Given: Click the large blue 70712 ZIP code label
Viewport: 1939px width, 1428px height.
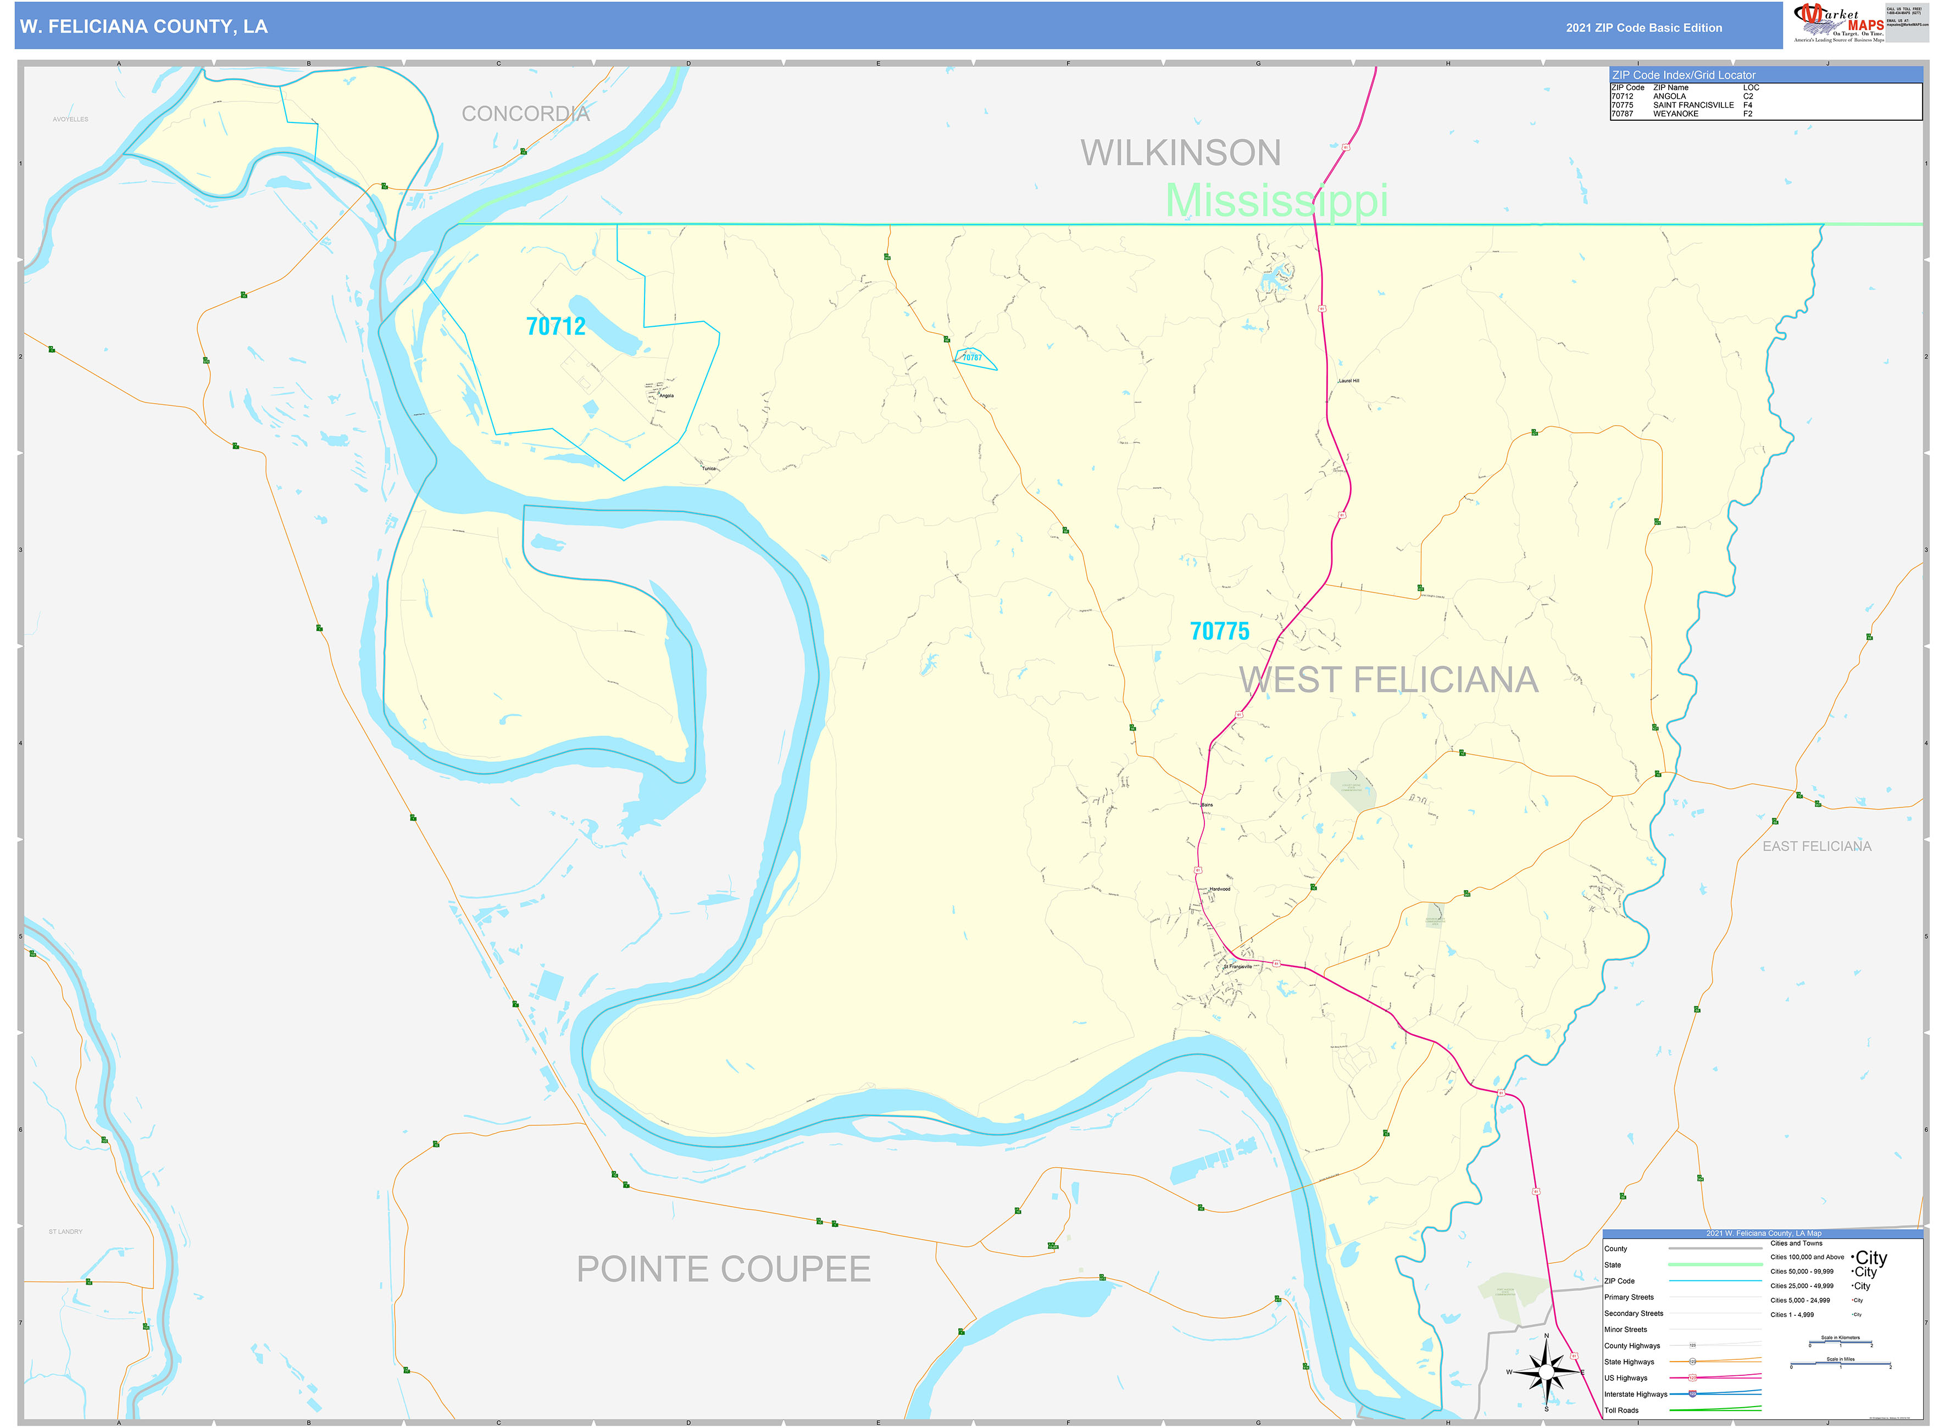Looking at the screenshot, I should [x=555, y=327].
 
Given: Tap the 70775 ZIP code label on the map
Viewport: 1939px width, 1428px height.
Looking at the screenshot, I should [x=1219, y=632].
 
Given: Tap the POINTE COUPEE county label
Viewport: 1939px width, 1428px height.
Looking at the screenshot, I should [x=723, y=1269].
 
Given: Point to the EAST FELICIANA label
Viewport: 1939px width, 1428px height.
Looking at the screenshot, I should [x=1816, y=846].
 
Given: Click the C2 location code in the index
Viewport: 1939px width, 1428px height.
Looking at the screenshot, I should [x=1748, y=97].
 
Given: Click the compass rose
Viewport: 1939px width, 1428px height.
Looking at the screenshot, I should [x=1546, y=1372].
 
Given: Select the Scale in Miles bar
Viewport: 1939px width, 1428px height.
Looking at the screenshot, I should [x=1841, y=1364].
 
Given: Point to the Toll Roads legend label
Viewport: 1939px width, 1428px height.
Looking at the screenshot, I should [x=1621, y=1410].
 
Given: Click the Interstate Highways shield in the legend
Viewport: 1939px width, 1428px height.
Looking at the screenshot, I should [x=1692, y=1393].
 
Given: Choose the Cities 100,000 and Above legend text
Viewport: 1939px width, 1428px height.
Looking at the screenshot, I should [x=1807, y=1257].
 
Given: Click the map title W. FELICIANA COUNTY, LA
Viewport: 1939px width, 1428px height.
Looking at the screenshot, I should [x=143, y=27].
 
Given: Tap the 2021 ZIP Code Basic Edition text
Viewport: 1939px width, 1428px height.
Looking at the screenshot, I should [x=1643, y=27].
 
